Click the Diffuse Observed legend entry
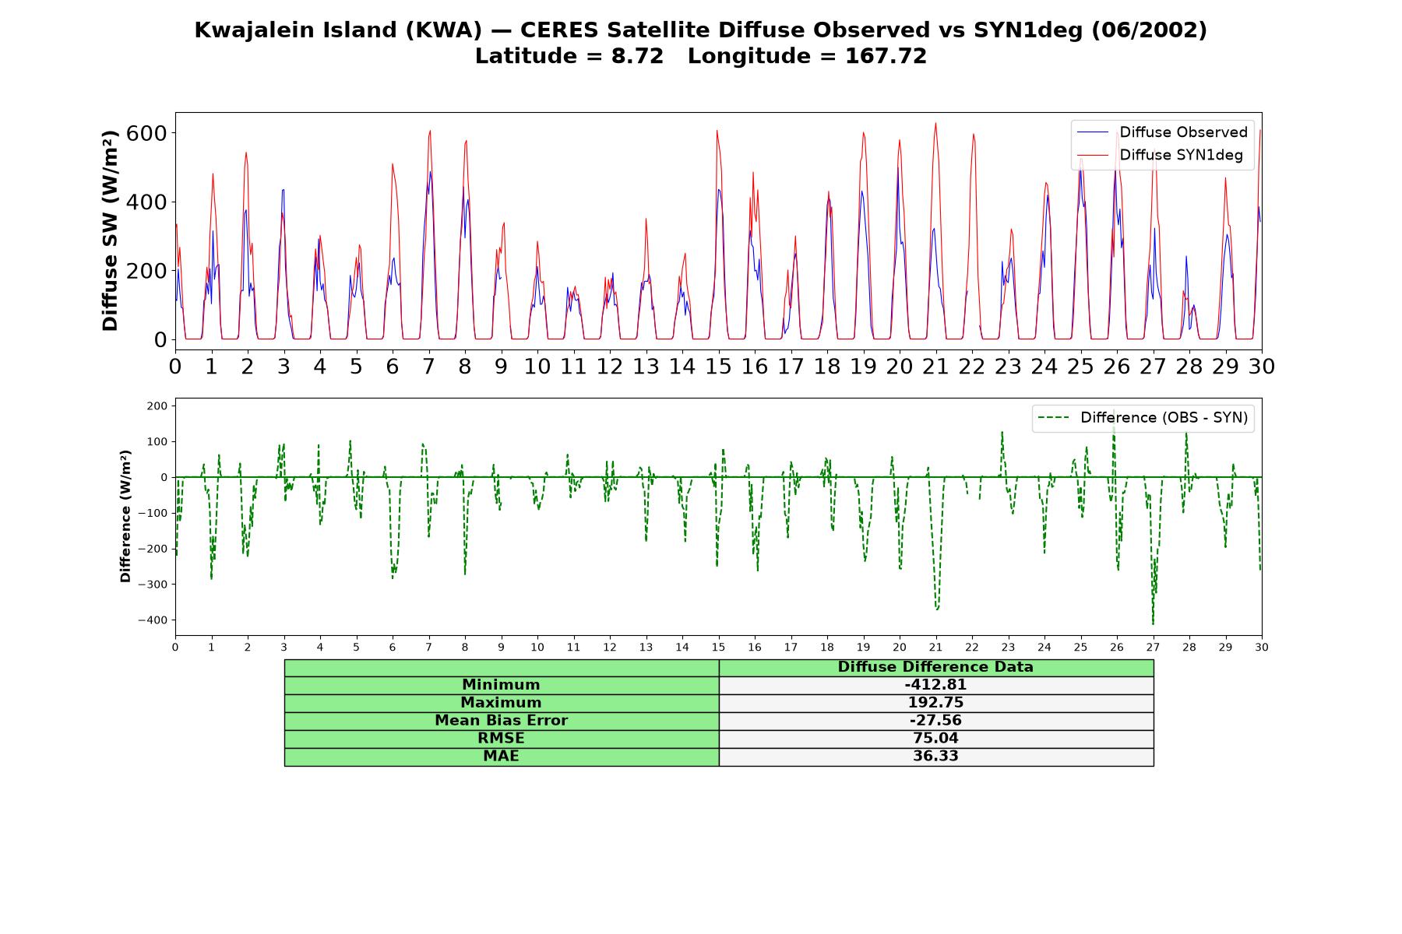coord(1162,132)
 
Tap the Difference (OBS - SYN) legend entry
coord(1143,418)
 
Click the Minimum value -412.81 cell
coord(935,685)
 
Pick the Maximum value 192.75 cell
coord(935,703)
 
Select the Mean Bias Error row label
coord(501,721)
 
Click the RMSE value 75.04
coord(935,739)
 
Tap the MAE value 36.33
coord(935,757)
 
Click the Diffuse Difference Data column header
coord(935,667)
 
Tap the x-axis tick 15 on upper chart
coord(718,366)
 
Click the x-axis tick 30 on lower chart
coord(1262,647)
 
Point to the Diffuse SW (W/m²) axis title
coord(110,230)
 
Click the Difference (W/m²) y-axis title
coord(125,517)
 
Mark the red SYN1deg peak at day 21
coord(935,123)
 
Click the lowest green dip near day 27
coord(1153,623)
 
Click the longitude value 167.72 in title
coord(886,56)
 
